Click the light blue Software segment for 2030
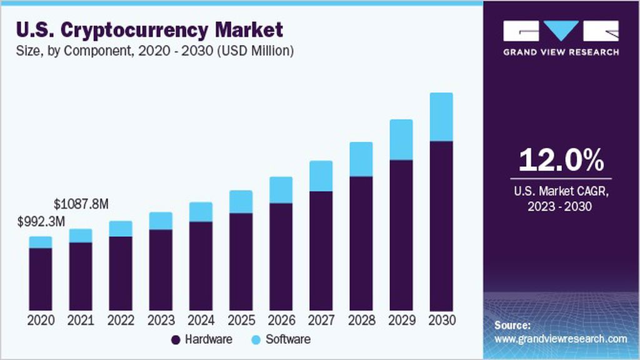pyautogui.click(x=441, y=117)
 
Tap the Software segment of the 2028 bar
pyautogui.click(x=361, y=159)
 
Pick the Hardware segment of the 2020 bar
pyautogui.click(x=41, y=279)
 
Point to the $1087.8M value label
pyautogui.click(x=81, y=204)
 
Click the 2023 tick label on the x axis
pyautogui.click(x=161, y=320)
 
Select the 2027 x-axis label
pyautogui.click(x=321, y=320)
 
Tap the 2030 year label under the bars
pyautogui.click(x=441, y=320)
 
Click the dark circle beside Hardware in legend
pyautogui.click(x=176, y=340)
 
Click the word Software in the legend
pyautogui.click(x=287, y=340)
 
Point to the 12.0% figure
pyautogui.click(x=561, y=160)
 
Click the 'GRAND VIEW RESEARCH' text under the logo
pyautogui.click(x=561, y=52)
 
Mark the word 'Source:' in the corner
pyautogui.click(x=512, y=326)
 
